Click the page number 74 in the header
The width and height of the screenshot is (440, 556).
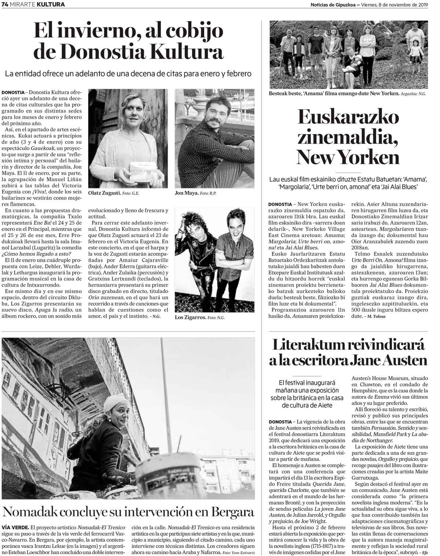click(x=5, y=5)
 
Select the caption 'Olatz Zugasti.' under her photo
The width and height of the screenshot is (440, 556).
click(x=104, y=193)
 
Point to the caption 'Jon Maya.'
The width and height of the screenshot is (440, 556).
click(x=187, y=193)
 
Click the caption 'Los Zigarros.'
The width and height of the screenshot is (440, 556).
click(x=190, y=317)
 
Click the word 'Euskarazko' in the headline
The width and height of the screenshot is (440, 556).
click(x=348, y=118)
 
